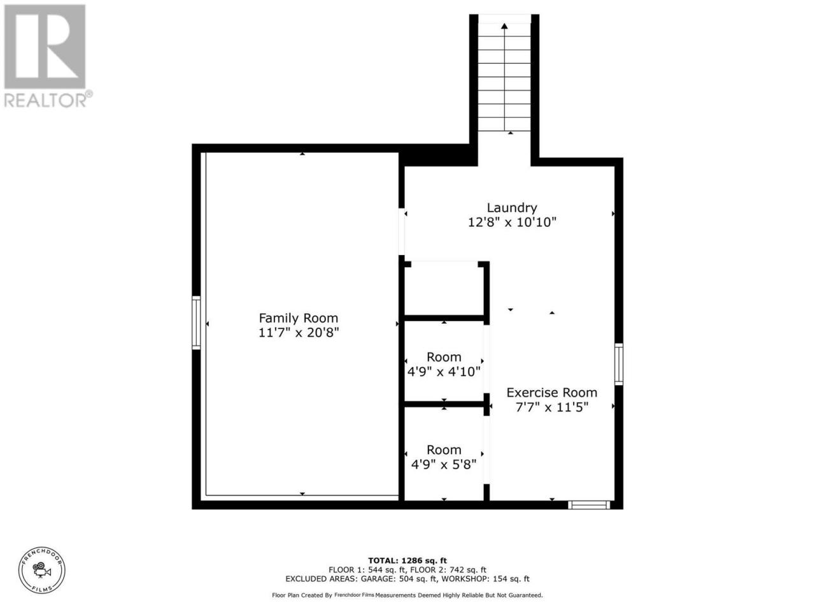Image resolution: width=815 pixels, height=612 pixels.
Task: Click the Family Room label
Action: pos(298,318)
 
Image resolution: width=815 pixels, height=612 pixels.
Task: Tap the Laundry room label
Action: pos(512,208)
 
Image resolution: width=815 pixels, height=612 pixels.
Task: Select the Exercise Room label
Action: pos(552,393)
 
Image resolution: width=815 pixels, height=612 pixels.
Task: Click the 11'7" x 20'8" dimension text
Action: pos(299,333)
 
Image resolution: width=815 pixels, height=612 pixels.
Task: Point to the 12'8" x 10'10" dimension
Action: pos(512,222)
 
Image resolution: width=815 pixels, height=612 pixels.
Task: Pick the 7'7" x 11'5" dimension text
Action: pos(552,407)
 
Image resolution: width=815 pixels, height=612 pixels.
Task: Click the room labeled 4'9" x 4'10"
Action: pos(444,365)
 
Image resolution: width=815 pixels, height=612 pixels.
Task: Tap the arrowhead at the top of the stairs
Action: pos(504,26)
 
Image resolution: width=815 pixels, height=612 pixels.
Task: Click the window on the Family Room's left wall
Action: pos(196,323)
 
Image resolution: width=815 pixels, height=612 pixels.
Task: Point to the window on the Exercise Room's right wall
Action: pos(619,364)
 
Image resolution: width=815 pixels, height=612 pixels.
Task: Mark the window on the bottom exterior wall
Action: pos(589,505)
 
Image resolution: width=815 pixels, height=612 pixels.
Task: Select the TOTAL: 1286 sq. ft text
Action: pos(407,560)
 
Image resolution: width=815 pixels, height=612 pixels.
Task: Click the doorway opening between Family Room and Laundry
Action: pos(401,231)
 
